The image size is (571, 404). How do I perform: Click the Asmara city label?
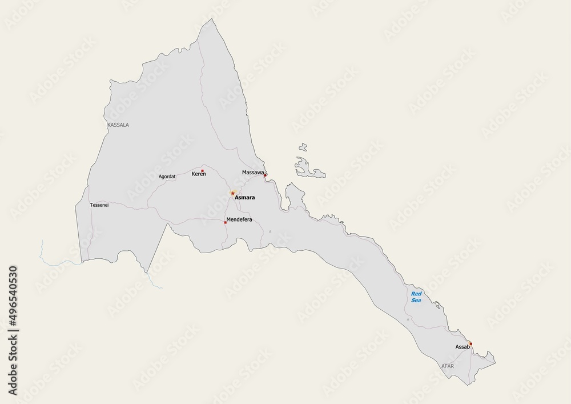pyautogui.click(x=245, y=198)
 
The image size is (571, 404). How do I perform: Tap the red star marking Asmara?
pyautogui.click(x=232, y=193)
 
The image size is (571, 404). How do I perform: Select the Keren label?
pyautogui.click(x=198, y=174)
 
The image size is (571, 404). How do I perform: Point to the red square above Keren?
pyautogui.click(x=202, y=170)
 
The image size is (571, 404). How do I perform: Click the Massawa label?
pyautogui.click(x=252, y=172)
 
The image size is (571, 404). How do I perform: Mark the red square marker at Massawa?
pyautogui.click(x=265, y=175)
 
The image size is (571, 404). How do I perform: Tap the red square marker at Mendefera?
pyautogui.click(x=226, y=222)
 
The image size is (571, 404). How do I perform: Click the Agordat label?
pyautogui.click(x=167, y=177)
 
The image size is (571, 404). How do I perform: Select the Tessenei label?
pyautogui.click(x=99, y=205)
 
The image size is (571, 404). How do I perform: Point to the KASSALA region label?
pyautogui.click(x=118, y=124)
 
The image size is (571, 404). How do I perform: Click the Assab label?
pyautogui.click(x=462, y=347)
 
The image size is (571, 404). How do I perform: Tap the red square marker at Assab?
pyautogui.click(x=471, y=343)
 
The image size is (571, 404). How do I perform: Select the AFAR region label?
pyautogui.click(x=447, y=364)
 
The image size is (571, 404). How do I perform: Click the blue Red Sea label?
pyautogui.click(x=416, y=297)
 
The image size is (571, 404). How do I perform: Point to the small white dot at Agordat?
pyautogui.click(x=176, y=174)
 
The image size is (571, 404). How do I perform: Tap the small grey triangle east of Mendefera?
pyautogui.click(x=270, y=231)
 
